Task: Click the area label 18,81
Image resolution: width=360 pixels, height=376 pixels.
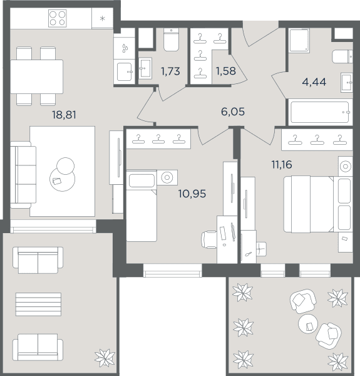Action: coord(64,115)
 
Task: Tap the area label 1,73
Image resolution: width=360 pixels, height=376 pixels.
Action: coord(170,71)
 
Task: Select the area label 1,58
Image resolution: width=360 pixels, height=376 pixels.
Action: coord(225,71)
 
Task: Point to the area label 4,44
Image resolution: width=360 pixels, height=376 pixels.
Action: coord(314,82)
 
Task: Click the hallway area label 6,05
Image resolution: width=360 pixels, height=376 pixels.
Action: coord(233,112)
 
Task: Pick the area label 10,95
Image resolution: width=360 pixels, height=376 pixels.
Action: coord(192,194)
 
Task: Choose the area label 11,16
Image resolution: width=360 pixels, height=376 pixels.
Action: coord(282,165)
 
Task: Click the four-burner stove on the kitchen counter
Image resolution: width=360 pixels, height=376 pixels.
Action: coord(58,18)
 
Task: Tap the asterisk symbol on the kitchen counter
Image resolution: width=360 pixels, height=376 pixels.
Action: coord(103,18)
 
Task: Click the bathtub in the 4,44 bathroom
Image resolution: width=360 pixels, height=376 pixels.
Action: coord(320,112)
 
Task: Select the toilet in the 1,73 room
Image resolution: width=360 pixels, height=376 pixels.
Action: coord(171,39)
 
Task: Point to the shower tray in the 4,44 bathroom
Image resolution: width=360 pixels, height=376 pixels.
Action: coord(299,41)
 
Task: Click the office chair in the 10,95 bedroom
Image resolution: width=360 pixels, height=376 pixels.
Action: coord(209,239)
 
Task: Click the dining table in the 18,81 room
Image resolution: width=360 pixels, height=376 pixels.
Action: coord(37,76)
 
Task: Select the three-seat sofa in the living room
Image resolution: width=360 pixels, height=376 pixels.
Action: coord(23,175)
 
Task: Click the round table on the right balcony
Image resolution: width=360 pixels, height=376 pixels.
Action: coord(308,323)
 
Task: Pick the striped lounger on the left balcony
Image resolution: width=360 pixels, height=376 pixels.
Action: coord(38,305)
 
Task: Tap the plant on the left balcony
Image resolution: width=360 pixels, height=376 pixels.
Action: coord(105,358)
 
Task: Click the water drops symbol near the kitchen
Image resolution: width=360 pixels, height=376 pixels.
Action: coord(125,48)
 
